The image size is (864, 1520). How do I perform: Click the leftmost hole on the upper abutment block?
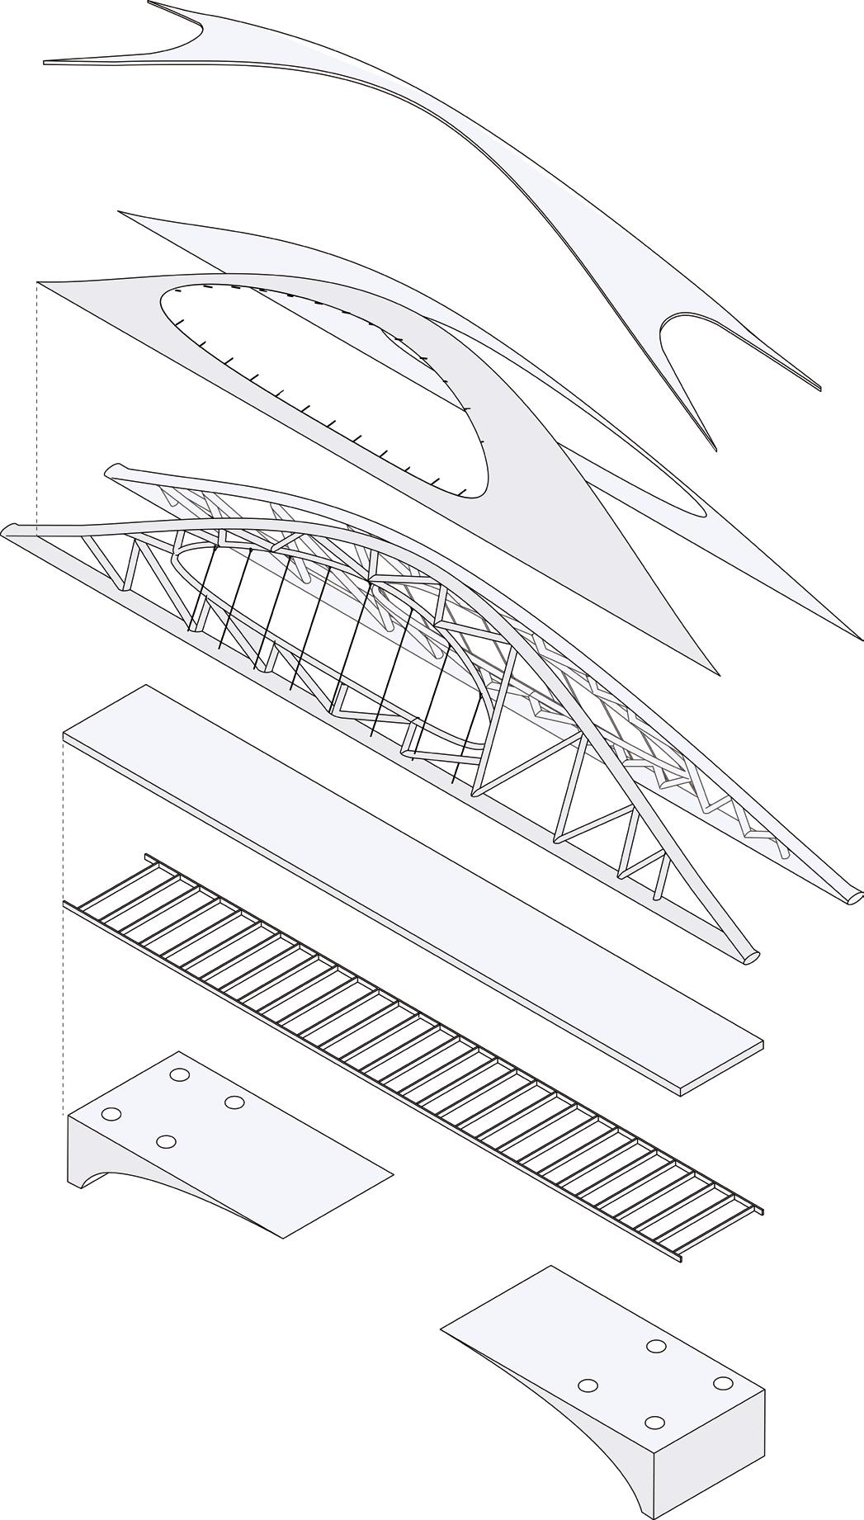pos(111,1114)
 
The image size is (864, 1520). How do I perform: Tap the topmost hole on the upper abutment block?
pos(178,1074)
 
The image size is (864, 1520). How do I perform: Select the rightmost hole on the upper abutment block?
pos(234,1102)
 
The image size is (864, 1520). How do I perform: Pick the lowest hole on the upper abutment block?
pos(166,1142)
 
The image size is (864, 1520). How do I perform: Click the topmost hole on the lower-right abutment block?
pos(656,1346)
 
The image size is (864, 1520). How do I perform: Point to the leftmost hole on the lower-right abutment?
pos(588,1385)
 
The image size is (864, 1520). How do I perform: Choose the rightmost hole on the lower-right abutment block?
pos(723,1383)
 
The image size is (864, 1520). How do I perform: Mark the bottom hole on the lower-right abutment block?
pos(654,1423)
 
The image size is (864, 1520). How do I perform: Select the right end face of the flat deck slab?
pos(721,1069)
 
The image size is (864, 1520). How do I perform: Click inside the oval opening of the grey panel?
pos(330,371)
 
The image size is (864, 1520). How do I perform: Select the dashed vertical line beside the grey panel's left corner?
pos(38,404)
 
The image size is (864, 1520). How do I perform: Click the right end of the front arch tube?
pos(751,956)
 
